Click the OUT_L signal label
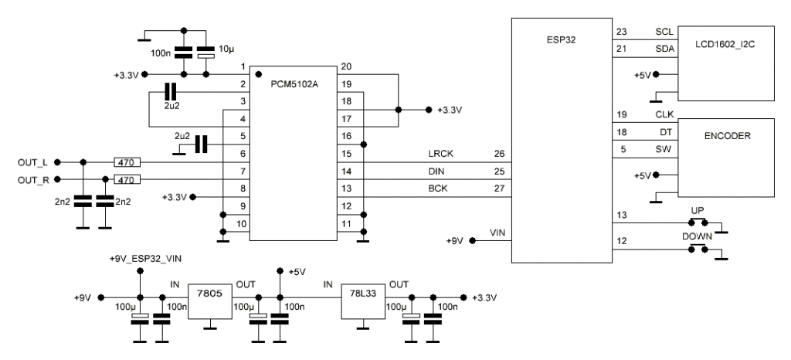(33, 163)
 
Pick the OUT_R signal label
(33, 181)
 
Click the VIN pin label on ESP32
(497, 232)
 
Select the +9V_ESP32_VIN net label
(140, 259)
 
